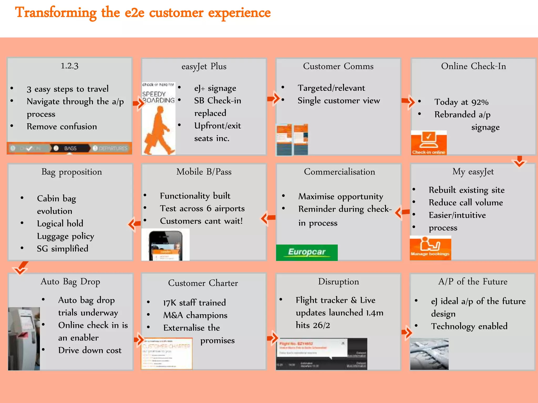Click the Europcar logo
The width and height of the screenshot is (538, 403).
coord(307,252)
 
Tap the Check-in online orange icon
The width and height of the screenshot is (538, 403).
coord(429,143)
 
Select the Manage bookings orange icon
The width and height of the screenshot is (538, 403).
coord(430,248)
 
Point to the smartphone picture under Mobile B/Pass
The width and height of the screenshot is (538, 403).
coord(165,245)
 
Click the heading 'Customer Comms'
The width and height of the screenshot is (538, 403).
coord(338,66)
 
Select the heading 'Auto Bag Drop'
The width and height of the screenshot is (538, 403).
coord(70,282)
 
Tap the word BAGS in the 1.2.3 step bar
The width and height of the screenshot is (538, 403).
coord(70,149)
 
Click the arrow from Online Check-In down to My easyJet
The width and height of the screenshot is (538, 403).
coord(519,161)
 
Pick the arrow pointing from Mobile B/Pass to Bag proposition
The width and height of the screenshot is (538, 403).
coord(135,224)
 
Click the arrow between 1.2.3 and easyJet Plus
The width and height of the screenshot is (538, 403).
coord(139,103)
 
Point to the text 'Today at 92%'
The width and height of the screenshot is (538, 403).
coord(461,102)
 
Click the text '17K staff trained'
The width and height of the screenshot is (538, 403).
coord(194,303)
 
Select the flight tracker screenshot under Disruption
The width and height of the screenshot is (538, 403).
coord(321,354)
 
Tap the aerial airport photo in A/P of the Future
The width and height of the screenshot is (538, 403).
coord(429,354)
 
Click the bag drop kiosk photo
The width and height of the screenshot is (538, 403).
coord(24,338)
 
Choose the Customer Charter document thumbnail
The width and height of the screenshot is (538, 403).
coord(167,353)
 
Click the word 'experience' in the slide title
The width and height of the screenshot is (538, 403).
coord(239,13)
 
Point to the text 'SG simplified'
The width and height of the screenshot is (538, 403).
coord(63,248)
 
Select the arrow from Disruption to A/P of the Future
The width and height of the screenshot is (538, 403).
coord(407,332)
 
